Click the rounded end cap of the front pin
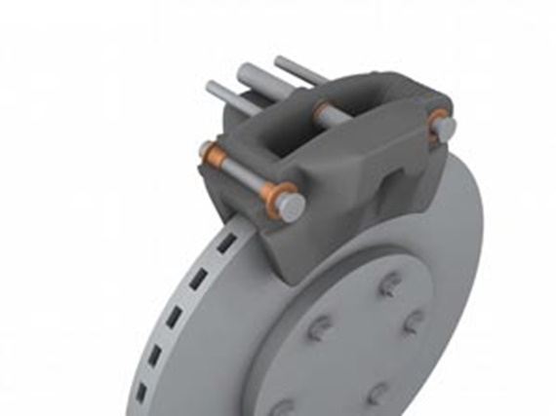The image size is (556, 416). point(291,205)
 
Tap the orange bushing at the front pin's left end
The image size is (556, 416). point(208,153)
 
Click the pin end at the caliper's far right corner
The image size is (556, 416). point(445,127)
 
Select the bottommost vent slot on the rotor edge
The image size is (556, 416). point(141,393)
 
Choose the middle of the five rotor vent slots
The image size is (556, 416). point(176,316)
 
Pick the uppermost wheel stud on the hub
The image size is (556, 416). point(389,284)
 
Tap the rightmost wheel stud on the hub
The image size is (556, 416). point(415,321)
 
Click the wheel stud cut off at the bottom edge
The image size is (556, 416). point(283,408)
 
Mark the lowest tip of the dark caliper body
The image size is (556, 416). point(294,282)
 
